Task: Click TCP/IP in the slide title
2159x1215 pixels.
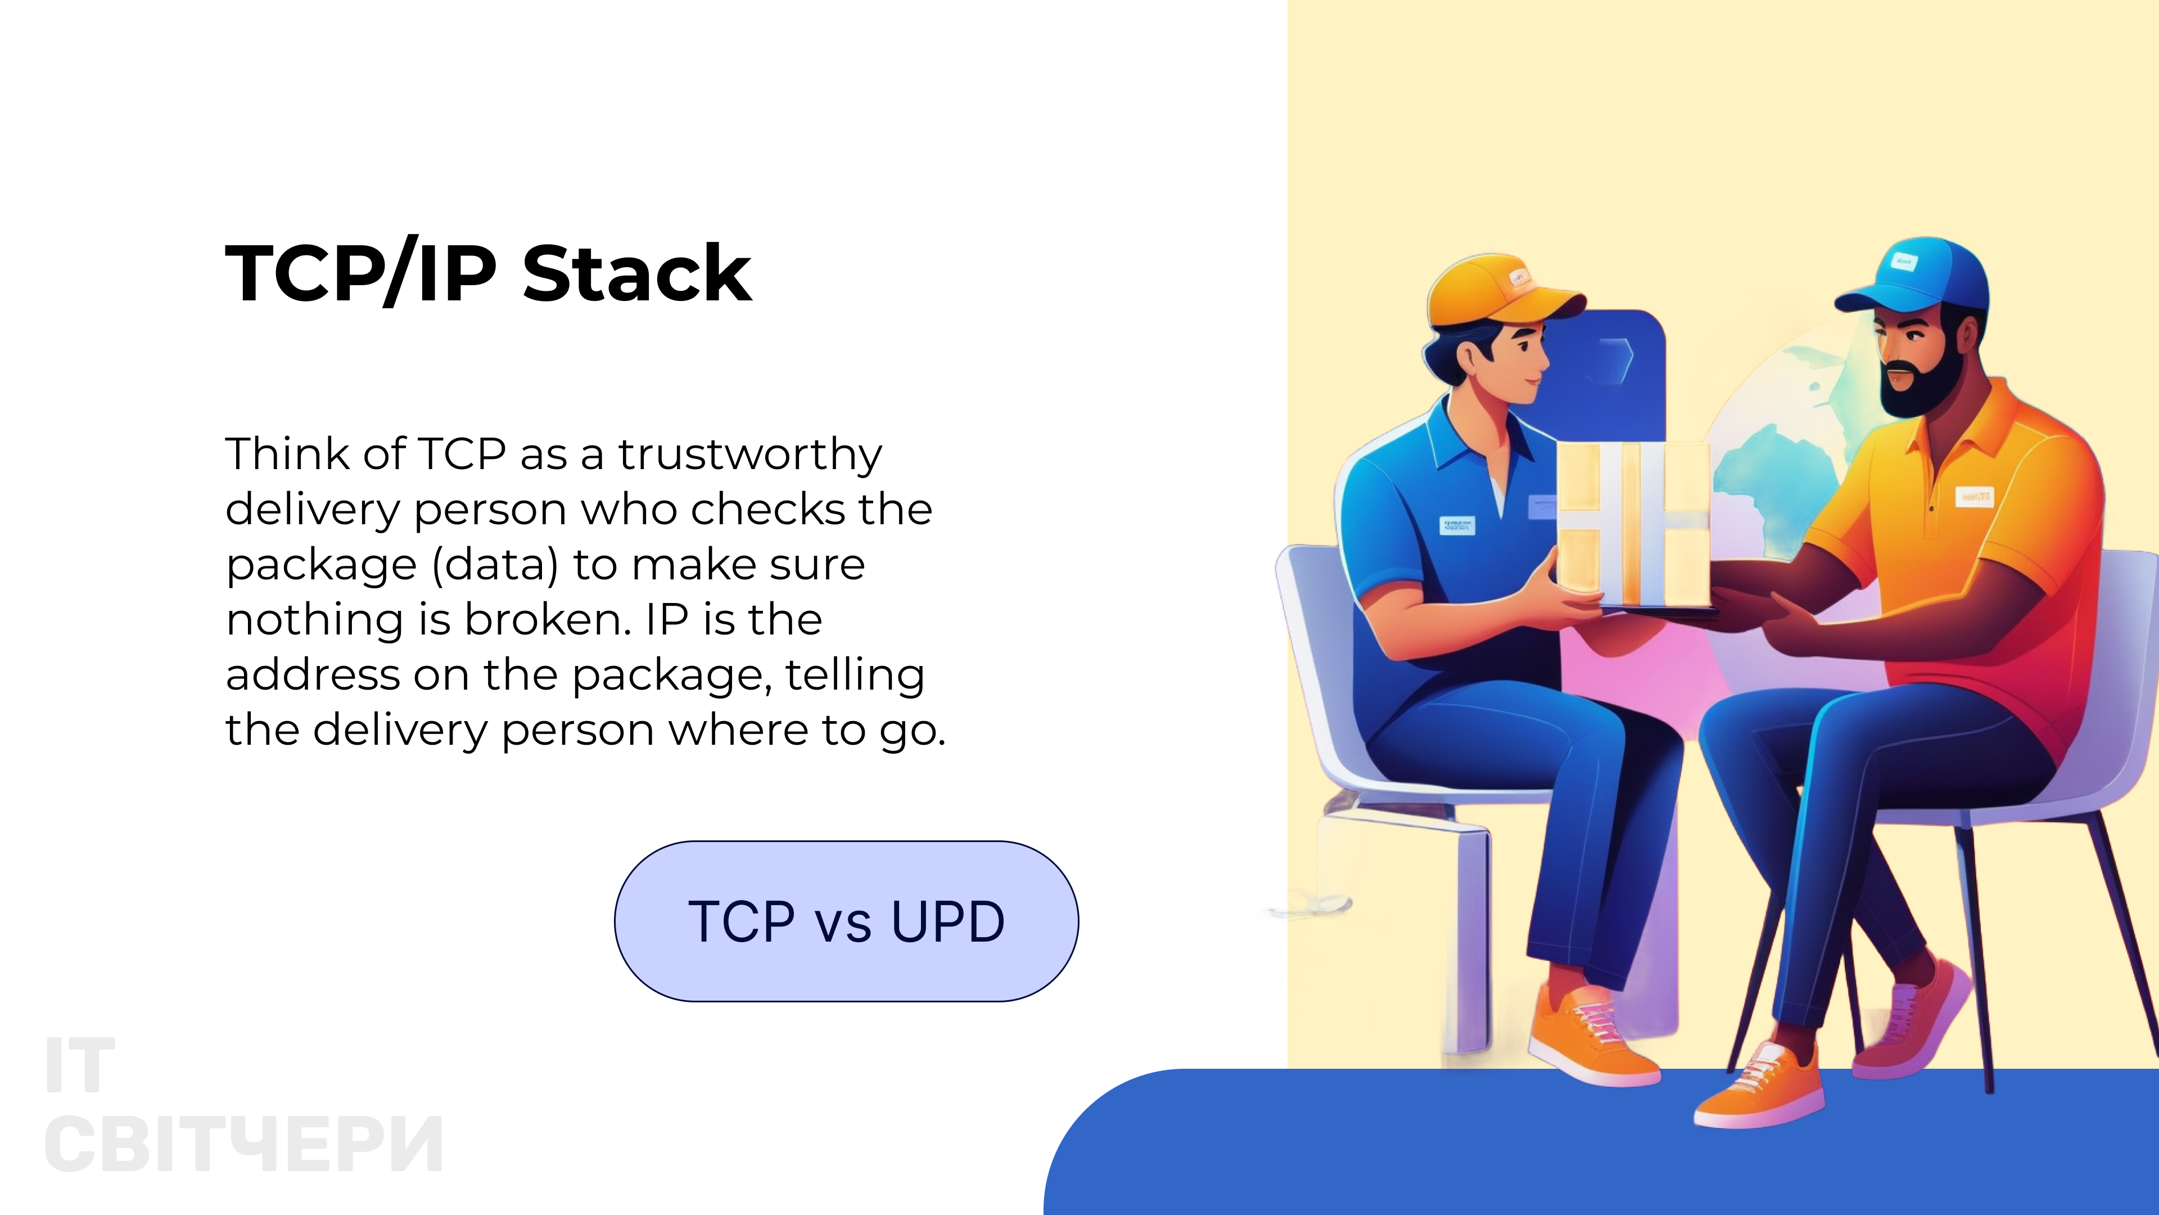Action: click(361, 273)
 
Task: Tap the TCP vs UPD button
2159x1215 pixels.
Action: click(847, 921)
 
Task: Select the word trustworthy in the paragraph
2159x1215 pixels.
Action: click(750, 455)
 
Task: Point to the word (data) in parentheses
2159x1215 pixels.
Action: click(495, 565)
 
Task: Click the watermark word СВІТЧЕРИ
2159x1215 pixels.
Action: click(244, 1145)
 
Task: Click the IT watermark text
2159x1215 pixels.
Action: click(80, 1066)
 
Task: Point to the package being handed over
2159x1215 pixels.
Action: click(1633, 524)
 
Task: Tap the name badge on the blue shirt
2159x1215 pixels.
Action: click(1457, 526)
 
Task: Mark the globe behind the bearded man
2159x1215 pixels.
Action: click(1768, 470)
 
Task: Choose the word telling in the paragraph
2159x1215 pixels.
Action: click(855, 675)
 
